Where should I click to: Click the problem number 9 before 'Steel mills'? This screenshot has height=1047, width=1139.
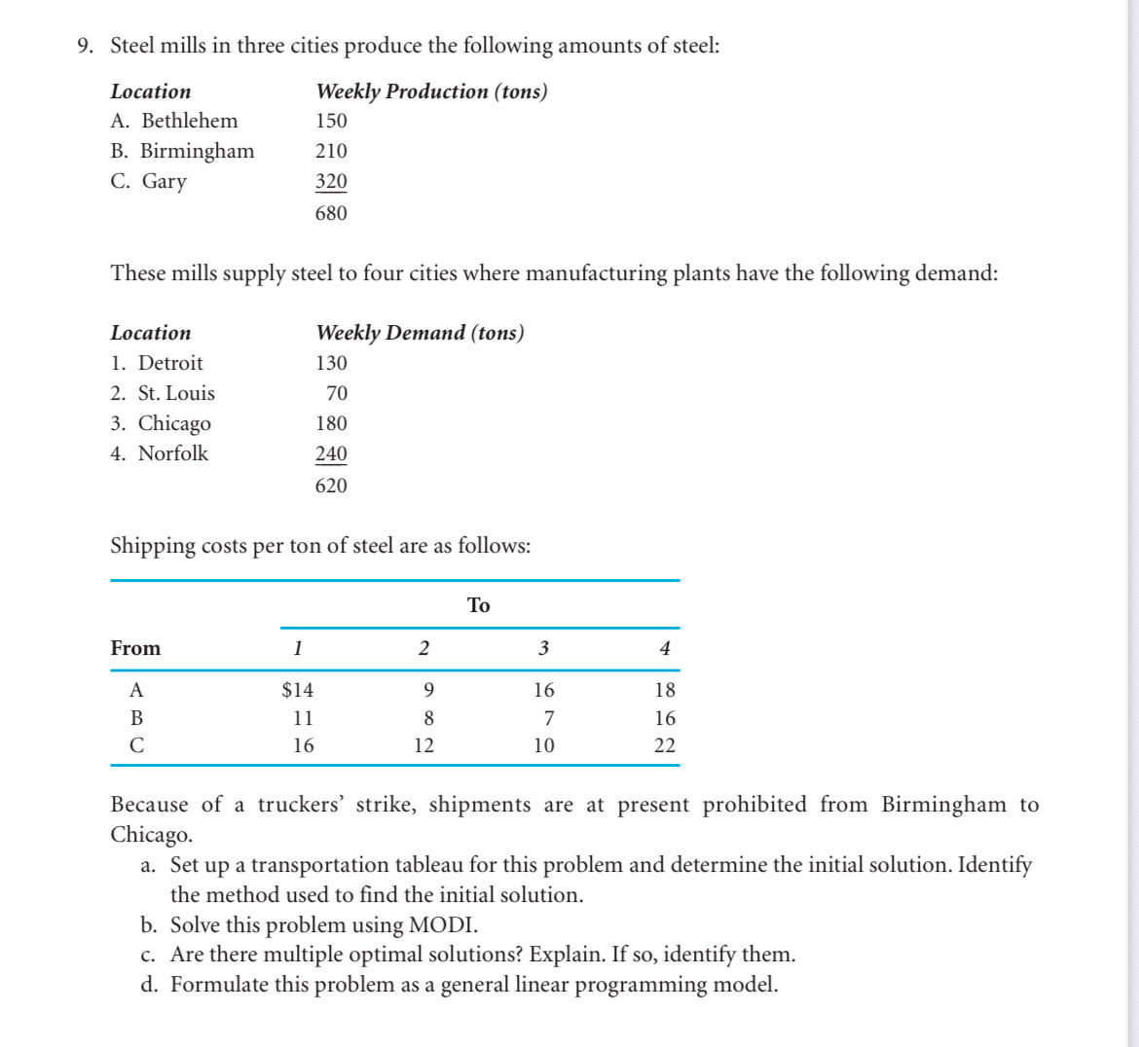tap(84, 46)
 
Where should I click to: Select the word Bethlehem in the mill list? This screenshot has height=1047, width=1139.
tap(190, 121)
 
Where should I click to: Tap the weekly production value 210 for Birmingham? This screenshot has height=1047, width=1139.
tap(331, 151)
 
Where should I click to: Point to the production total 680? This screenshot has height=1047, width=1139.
tap(331, 213)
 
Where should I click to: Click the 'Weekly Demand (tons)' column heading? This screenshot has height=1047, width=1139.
tap(420, 333)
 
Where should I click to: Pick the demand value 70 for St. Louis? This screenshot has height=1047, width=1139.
tap(337, 393)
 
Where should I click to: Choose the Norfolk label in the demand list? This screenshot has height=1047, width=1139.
tap(173, 453)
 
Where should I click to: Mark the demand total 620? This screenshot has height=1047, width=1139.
tap(331, 486)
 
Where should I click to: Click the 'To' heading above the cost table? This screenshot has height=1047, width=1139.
tap(479, 605)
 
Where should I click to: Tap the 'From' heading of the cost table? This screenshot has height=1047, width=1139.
tap(136, 648)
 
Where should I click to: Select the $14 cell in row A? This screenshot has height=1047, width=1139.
tap(298, 690)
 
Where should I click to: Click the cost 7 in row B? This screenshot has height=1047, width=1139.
tap(549, 718)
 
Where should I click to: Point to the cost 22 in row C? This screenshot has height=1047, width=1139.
tap(665, 745)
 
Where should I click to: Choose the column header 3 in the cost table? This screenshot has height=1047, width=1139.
tap(543, 648)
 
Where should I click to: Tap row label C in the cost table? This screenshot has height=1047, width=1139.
tap(136, 745)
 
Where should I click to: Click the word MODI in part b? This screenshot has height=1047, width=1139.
tap(443, 924)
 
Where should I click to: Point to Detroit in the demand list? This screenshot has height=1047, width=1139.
tap(170, 363)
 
